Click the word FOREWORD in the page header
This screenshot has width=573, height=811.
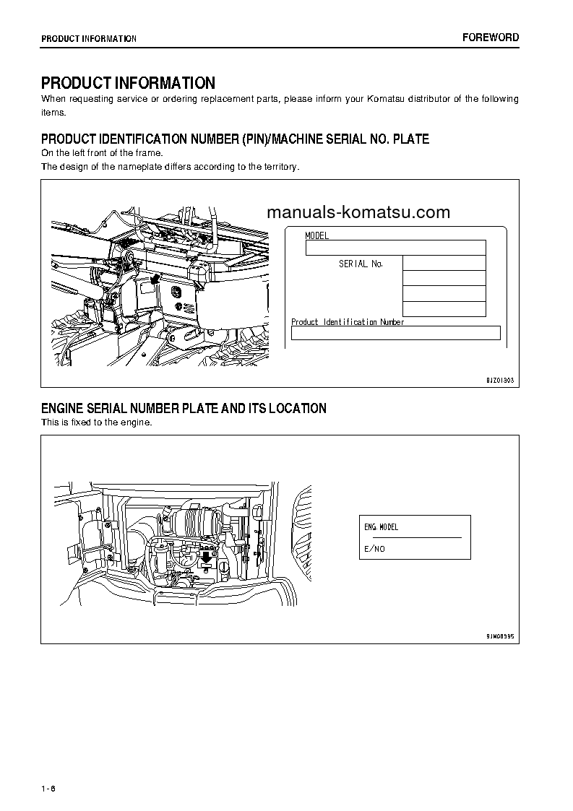coord(491,38)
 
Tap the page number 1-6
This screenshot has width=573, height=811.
coord(48,787)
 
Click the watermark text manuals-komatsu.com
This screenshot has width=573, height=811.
coord(358,212)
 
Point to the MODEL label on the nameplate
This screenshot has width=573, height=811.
coord(316,236)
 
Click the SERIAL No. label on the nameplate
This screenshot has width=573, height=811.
coord(361,264)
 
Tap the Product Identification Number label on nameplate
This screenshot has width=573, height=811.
coord(347,322)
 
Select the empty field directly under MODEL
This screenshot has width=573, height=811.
coord(395,248)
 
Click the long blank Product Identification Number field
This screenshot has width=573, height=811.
coord(395,333)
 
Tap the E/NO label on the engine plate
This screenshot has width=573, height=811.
coord(374,549)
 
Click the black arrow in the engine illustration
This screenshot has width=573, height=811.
coord(207,556)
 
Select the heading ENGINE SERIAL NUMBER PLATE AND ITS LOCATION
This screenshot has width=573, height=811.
coord(184,409)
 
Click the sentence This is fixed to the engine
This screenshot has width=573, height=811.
coord(96,422)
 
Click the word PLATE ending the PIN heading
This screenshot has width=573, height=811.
coord(410,139)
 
